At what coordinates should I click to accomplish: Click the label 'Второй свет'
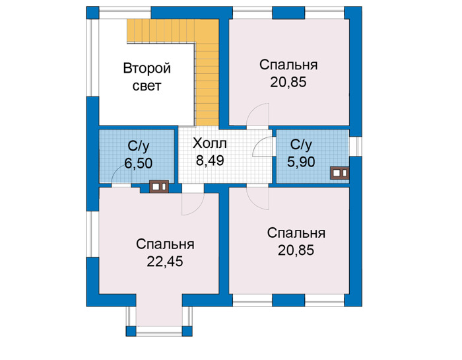pyautogui.click(x=147, y=77)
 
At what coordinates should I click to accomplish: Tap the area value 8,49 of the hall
pyautogui.click(x=210, y=161)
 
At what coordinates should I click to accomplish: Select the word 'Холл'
pyautogui.click(x=210, y=143)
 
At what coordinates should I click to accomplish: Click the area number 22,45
pyautogui.click(x=165, y=261)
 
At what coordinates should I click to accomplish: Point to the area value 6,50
pyautogui.click(x=139, y=163)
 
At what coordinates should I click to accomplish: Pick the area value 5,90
pyautogui.click(x=301, y=162)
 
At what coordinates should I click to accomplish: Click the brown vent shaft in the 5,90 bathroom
pyautogui.click(x=340, y=173)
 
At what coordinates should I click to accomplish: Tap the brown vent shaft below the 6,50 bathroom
pyautogui.click(x=159, y=187)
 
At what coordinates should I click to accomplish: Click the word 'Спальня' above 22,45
pyautogui.click(x=165, y=244)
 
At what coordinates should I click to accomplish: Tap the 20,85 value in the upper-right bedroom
pyautogui.click(x=288, y=82)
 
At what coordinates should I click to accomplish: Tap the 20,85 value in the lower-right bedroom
pyautogui.click(x=296, y=250)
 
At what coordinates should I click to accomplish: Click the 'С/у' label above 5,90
pyautogui.click(x=301, y=145)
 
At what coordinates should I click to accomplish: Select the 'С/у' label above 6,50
pyautogui.click(x=139, y=146)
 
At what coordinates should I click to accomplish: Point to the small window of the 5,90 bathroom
pyautogui.click(x=356, y=147)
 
